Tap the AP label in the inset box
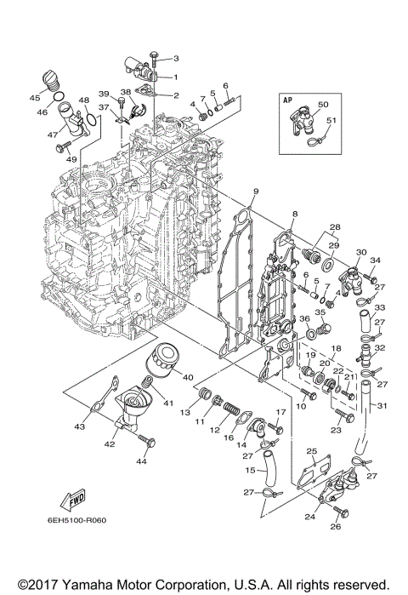(x=286, y=99)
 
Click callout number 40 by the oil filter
(x=188, y=377)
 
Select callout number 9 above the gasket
(x=254, y=191)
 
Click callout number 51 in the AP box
(x=331, y=120)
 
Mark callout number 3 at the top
(x=176, y=59)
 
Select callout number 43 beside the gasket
(x=79, y=426)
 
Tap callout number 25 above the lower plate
(x=311, y=450)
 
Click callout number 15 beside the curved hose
(x=250, y=469)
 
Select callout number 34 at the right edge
(x=376, y=260)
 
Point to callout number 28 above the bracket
(x=335, y=226)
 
